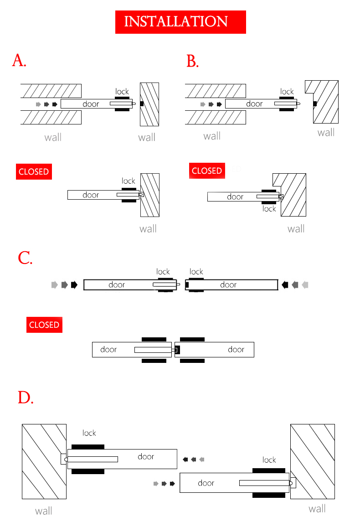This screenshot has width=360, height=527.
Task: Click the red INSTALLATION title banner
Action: (x=180, y=21)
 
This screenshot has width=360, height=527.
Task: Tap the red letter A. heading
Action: (x=19, y=60)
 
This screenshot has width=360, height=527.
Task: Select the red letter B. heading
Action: (x=192, y=61)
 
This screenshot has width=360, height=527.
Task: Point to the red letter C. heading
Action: (x=25, y=258)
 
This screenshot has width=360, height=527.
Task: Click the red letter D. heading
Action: (x=26, y=398)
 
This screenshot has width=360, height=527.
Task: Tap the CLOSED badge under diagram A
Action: (x=33, y=171)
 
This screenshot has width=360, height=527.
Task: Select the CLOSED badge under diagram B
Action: (x=207, y=170)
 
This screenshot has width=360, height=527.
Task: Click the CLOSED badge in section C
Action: (x=44, y=325)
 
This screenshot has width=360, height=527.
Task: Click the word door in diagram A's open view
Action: (x=91, y=104)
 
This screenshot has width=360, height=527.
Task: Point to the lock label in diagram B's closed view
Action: (x=269, y=208)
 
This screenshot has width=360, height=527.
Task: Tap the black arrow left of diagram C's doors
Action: (x=74, y=285)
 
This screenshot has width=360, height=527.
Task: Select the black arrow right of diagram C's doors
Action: (x=285, y=285)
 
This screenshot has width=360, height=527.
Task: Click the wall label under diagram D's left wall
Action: (x=44, y=511)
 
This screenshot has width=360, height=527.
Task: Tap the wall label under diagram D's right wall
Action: (x=317, y=509)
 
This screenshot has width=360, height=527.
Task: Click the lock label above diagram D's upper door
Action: (x=89, y=433)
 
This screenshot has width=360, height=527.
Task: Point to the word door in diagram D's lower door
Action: (x=206, y=483)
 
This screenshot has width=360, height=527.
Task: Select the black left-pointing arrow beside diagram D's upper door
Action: (x=185, y=459)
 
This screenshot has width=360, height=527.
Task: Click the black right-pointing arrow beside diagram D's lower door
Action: (x=172, y=483)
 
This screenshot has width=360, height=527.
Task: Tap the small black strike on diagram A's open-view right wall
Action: (x=142, y=104)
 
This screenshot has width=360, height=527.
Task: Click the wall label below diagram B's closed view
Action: (x=296, y=228)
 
